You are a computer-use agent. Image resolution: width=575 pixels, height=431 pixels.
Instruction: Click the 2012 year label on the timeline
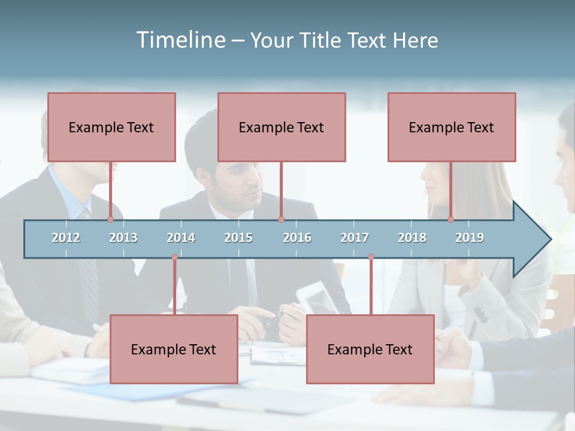pos(66,238)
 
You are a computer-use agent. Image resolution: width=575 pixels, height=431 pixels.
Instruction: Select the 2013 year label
pos(123,238)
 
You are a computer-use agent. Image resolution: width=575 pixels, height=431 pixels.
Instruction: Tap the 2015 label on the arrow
pos(238,238)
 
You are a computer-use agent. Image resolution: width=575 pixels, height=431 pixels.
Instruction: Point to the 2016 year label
pos(297,238)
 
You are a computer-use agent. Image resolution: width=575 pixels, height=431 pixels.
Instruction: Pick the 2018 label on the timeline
pos(412,238)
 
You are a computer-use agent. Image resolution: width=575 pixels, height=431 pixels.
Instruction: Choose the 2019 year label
pos(470,238)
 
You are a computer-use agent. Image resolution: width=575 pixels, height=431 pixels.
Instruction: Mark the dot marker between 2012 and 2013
pos(110,220)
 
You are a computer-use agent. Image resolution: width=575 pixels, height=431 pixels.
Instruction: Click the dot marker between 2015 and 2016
pos(281,220)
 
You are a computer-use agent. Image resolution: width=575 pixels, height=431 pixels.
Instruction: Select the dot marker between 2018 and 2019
pos(451,220)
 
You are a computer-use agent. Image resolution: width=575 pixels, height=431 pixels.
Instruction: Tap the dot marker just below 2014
pos(174,257)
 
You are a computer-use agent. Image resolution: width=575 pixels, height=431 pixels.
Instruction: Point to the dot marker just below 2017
pos(371,257)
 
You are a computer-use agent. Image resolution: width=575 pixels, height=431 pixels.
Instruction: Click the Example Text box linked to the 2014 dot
pos(174,349)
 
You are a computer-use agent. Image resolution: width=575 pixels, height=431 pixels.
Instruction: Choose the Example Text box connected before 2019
pos(452,127)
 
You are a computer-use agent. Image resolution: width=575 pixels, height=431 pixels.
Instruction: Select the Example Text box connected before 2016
pos(282,127)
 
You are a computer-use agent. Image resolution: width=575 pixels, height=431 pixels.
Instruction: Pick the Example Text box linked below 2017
pos(370,349)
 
